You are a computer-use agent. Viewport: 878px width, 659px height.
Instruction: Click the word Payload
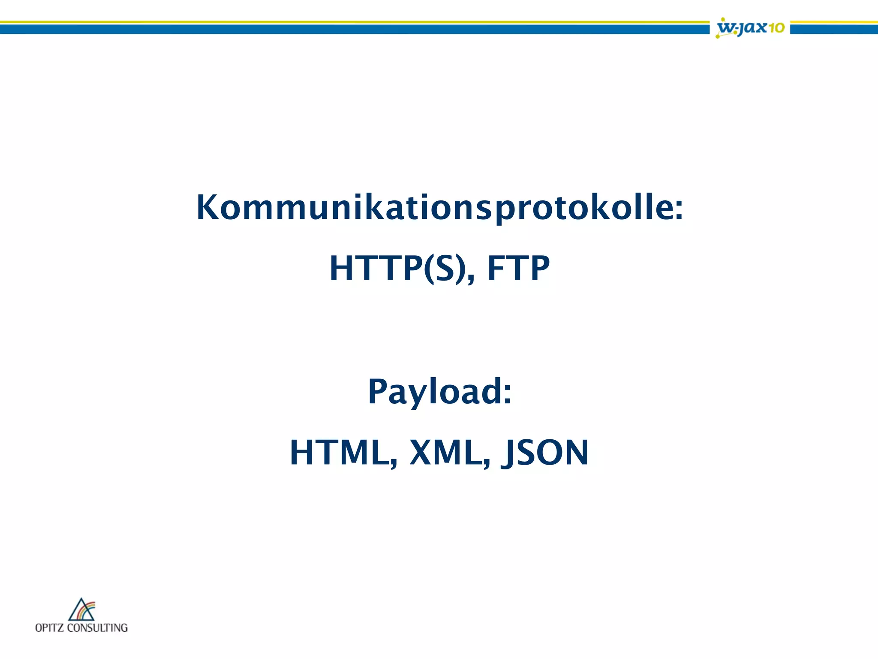click(x=433, y=391)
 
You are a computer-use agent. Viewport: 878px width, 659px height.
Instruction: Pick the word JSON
click(x=545, y=453)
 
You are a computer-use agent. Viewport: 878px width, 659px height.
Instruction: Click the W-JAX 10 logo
click(x=750, y=28)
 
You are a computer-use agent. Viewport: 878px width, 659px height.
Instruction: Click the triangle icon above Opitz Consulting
click(x=81, y=610)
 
